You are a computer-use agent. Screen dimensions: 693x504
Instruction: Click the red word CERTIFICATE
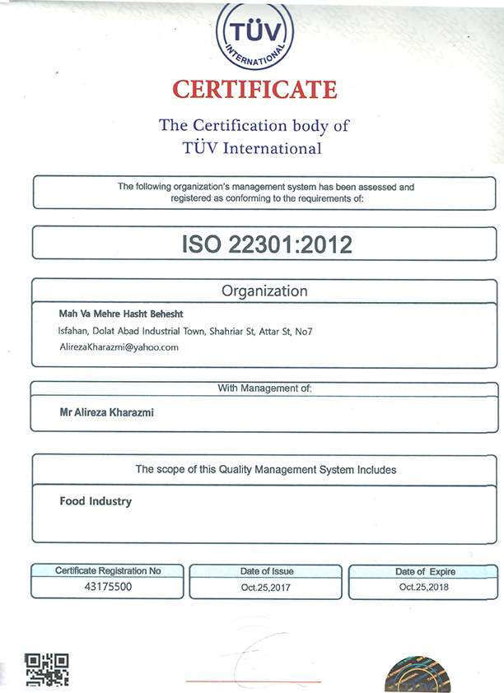[x=254, y=89]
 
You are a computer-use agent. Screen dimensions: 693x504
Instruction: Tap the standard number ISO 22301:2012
[x=266, y=244]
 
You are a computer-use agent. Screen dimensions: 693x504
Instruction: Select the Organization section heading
[x=264, y=291]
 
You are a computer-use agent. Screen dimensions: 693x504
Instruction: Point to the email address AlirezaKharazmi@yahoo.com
[x=119, y=347]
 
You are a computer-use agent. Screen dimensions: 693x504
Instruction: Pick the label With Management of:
[x=264, y=387]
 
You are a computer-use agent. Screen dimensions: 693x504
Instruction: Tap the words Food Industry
[x=96, y=500]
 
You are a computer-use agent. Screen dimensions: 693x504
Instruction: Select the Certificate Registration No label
[x=108, y=570]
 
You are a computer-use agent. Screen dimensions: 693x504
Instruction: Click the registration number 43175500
[x=108, y=588]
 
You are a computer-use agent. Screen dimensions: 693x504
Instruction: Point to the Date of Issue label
[x=266, y=571]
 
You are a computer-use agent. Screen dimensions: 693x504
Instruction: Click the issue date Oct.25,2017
[x=266, y=588]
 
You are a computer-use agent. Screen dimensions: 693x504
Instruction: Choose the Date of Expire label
[x=425, y=571]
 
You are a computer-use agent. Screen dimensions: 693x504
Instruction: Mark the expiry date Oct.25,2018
[x=425, y=588]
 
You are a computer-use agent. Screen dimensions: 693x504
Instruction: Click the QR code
[x=46, y=670]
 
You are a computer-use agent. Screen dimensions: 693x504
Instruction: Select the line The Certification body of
[x=254, y=126]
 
